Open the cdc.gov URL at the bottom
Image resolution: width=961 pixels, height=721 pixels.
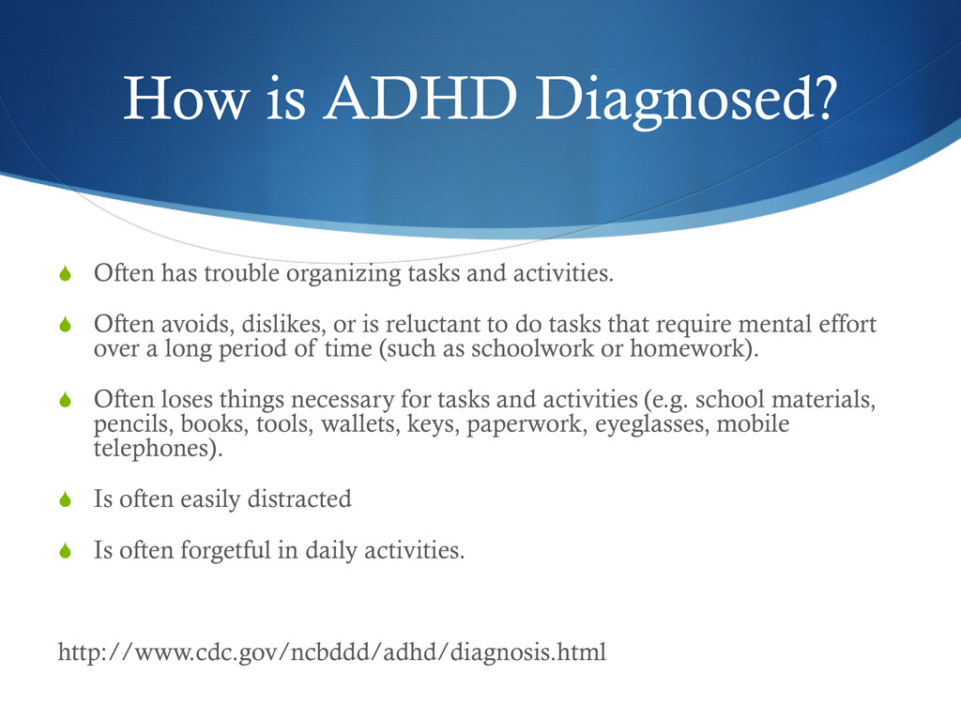tap(332, 652)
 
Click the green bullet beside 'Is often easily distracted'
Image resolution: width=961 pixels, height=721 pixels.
tap(65, 500)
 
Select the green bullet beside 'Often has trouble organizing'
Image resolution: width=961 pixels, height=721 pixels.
tap(65, 275)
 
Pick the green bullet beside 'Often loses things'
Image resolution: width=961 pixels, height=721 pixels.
tap(65, 401)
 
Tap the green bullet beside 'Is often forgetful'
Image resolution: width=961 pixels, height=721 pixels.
tap(65, 551)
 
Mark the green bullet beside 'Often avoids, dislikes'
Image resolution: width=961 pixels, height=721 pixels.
tap(65, 326)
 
